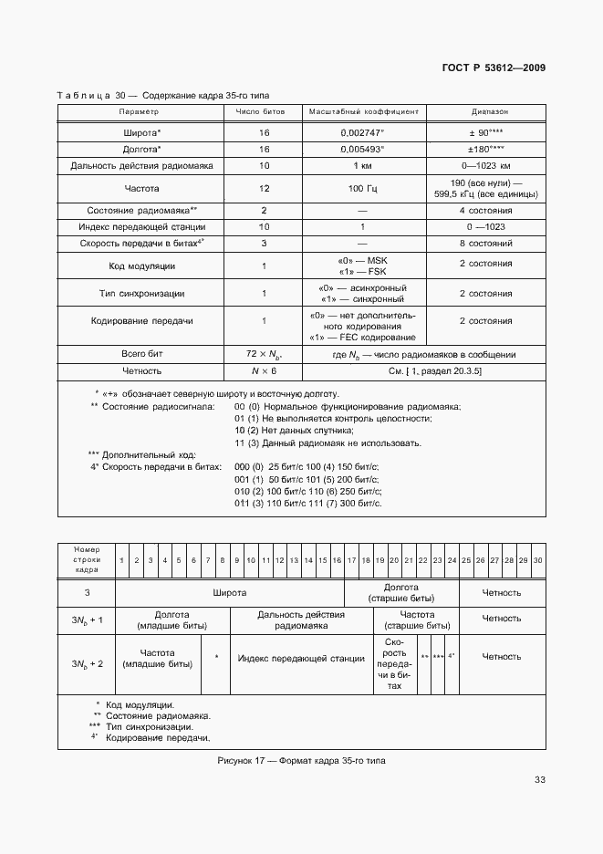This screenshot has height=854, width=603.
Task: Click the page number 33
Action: pyautogui.click(x=539, y=779)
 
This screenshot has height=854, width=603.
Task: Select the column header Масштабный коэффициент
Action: pyautogui.click(x=363, y=111)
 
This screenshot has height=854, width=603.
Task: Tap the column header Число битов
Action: pyautogui.click(x=263, y=111)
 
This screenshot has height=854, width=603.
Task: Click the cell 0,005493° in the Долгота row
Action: pyautogui.click(x=363, y=149)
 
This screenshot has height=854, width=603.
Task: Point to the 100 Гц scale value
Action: pyautogui.click(x=363, y=188)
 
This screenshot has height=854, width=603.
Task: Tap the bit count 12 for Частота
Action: pyautogui.click(x=263, y=188)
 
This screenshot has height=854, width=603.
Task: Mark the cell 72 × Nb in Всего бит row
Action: pyautogui.click(x=263, y=354)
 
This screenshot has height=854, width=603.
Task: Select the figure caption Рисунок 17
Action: pyautogui.click(x=301, y=761)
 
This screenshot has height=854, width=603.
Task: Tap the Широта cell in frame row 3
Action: pyautogui.click(x=230, y=593)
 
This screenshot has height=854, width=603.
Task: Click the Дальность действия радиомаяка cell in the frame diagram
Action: pyautogui.click(x=301, y=620)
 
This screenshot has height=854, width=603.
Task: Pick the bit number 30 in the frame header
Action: pyautogui.click(x=537, y=560)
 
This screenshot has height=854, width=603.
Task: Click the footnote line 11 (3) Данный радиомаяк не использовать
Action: pyautogui.click(x=327, y=443)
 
